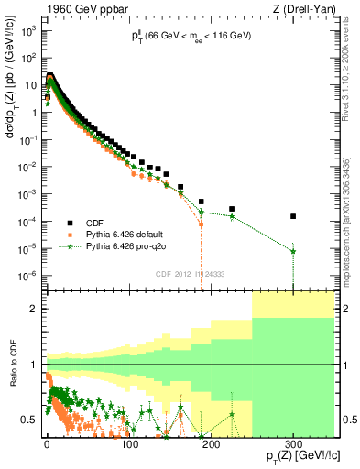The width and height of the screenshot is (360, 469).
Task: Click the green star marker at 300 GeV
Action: click(x=293, y=251)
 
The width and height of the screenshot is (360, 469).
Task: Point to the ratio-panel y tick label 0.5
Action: click(x=28, y=420)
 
